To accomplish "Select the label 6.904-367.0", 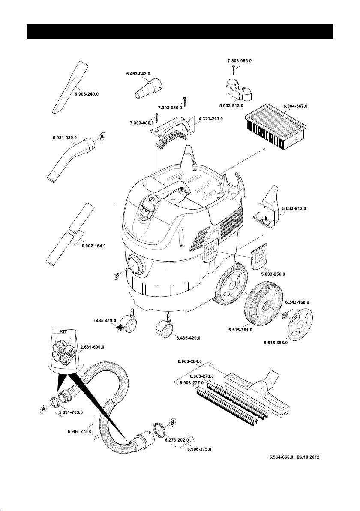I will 296,105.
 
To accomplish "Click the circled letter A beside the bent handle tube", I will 102,137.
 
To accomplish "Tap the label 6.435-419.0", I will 104,320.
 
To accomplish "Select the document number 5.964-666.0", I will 280,457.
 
